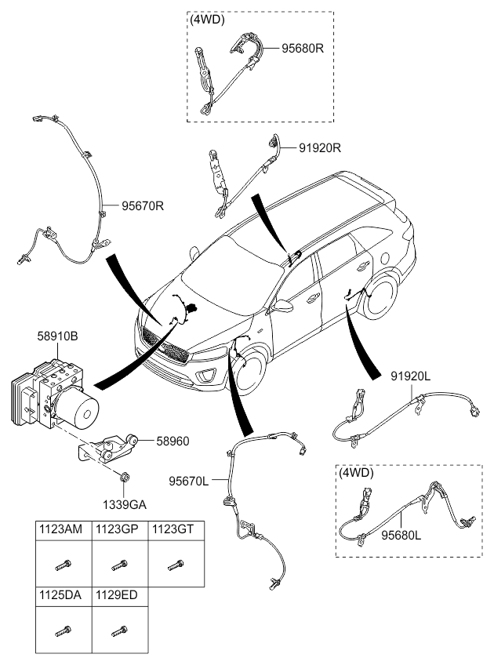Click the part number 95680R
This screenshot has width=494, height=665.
303,48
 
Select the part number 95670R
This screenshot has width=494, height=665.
143,207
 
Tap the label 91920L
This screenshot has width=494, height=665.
411,376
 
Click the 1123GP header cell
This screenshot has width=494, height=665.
118,529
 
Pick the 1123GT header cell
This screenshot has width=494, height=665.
173,529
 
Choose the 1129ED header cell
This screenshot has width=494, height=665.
118,595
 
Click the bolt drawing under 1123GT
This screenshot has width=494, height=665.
174,564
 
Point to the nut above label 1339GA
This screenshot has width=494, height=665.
124,476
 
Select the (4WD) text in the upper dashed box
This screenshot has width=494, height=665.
205,21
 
